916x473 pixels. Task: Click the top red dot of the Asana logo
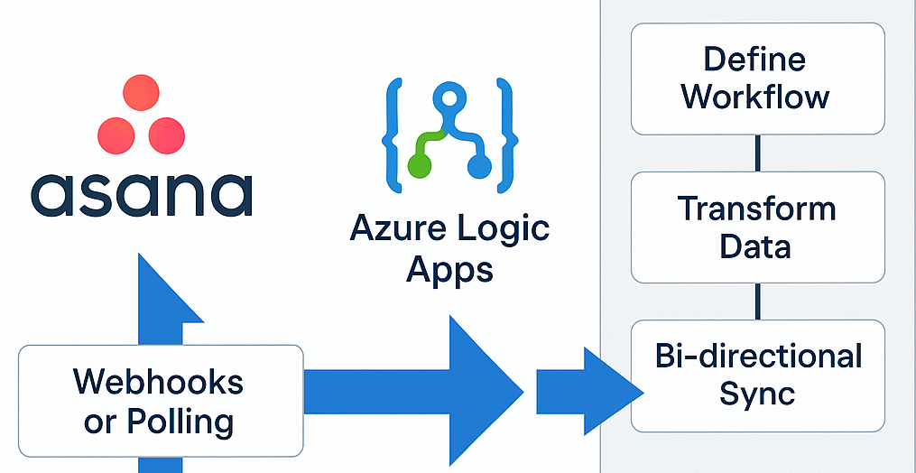(140, 93)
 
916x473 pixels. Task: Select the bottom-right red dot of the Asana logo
(166, 135)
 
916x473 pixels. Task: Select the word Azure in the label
(396, 229)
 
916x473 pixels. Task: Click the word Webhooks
(159, 382)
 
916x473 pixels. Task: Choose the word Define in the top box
(756, 60)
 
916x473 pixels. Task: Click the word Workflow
(756, 96)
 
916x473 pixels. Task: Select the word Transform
(756, 209)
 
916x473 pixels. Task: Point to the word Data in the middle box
(756, 246)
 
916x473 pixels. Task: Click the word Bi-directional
(758, 356)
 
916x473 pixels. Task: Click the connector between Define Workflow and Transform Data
(757, 153)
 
